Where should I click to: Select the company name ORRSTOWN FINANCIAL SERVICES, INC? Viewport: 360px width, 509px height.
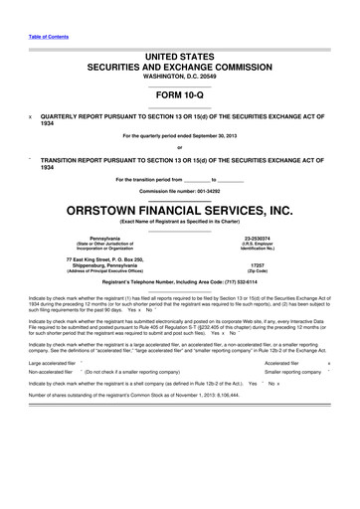click(x=180, y=210)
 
